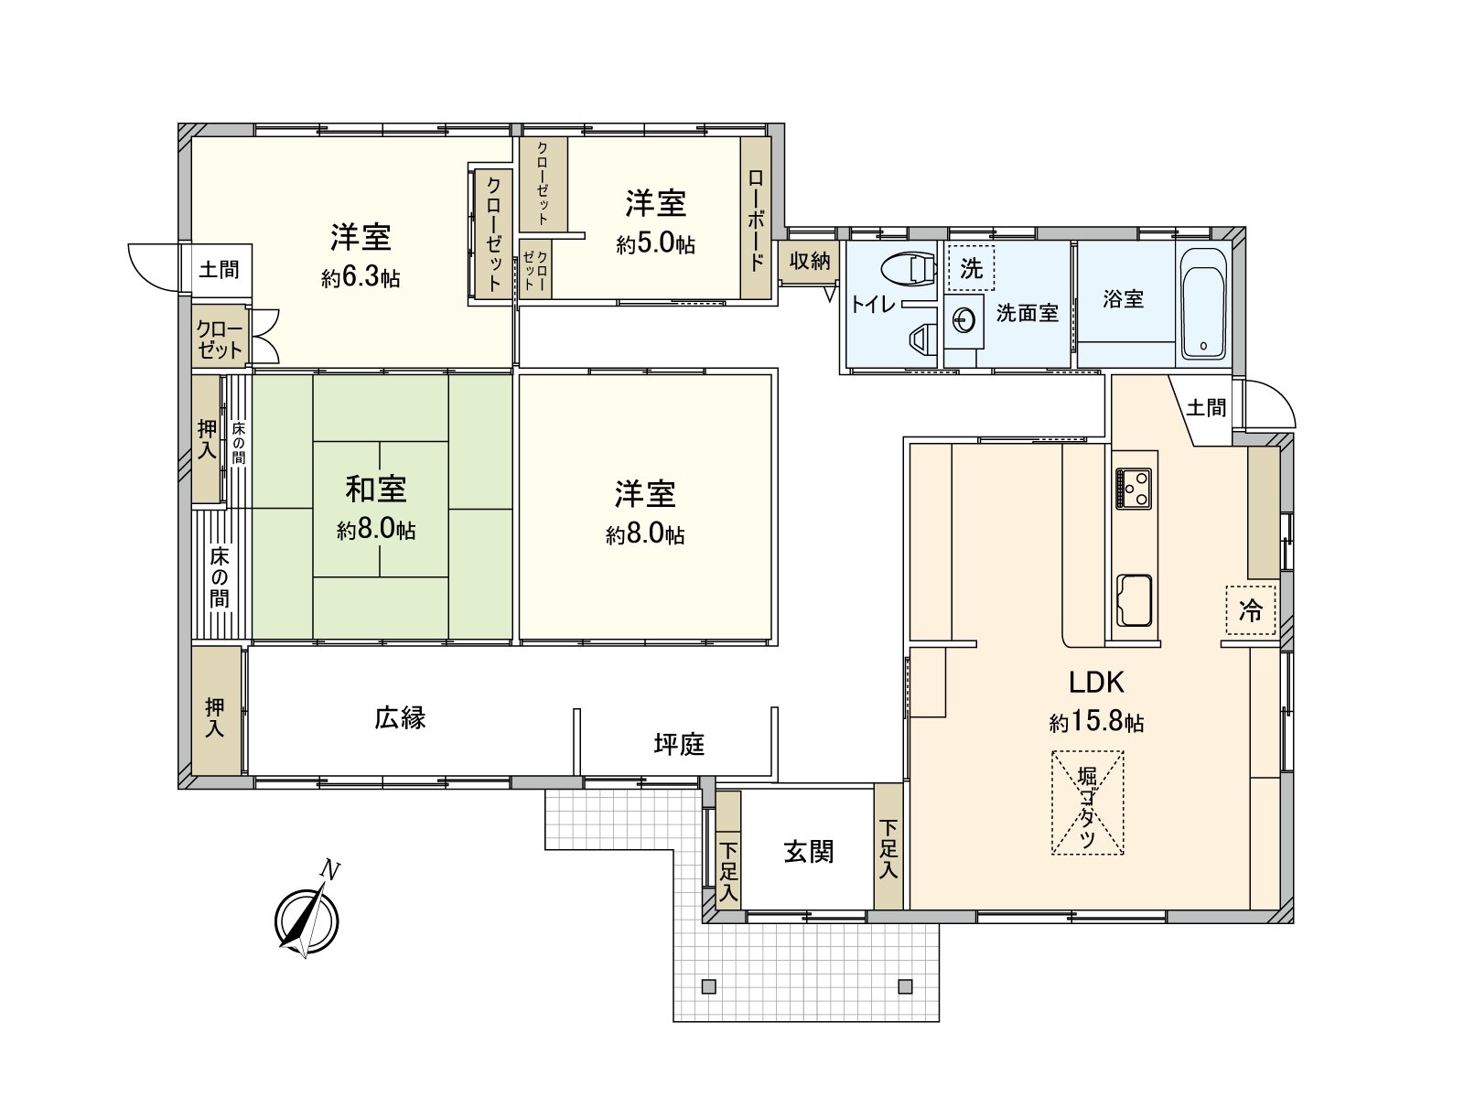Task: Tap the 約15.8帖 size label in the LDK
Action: coord(1096,723)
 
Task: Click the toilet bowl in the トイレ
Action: coord(908,268)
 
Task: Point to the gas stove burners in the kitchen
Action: coord(1136,488)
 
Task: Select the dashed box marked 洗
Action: coord(971,268)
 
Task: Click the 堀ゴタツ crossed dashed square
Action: coord(1087,802)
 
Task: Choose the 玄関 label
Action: coord(809,852)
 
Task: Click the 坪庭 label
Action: coord(679,745)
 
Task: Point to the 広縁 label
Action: coord(400,718)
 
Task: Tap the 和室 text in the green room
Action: coord(376,490)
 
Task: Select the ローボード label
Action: coord(756,219)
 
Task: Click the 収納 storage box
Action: coord(810,261)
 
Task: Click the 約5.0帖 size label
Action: coord(655,244)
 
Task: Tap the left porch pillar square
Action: coord(708,985)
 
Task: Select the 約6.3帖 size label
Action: coord(361,278)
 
